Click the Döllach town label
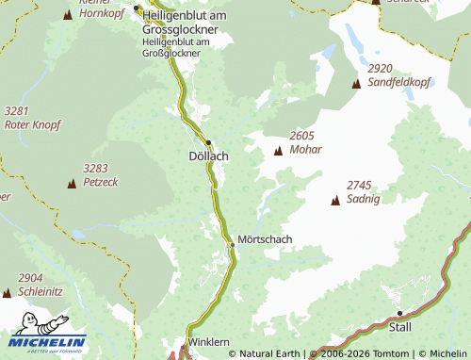208,156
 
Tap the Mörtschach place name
266,239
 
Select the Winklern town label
209,341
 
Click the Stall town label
400,328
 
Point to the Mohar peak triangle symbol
278,151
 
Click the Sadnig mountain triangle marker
334,200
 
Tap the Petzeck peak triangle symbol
71,183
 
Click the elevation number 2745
360,185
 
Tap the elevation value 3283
96,168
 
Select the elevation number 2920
381,69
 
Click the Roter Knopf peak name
32,124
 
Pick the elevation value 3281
18,111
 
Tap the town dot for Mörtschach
232,245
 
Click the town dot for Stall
400,313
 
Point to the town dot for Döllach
208,143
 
